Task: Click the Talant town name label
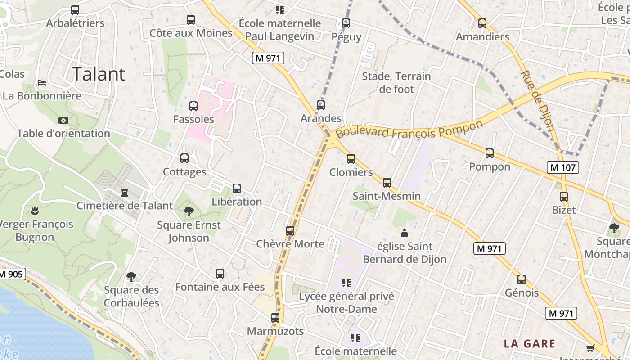pyautogui.click(x=99, y=74)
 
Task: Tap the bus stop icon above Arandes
pyautogui.click(x=320, y=105)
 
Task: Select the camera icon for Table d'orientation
pyautogui.click(x=63, y=120)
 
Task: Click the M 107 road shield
pyautogui.click(x=562, y=167)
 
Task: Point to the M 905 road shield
pyautogui.click(x=12, y=274)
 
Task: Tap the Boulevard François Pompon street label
pyautogui.click(x=409, y=130)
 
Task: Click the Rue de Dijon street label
pyautogui.click(x=537, y=100)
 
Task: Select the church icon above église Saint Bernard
pyautogui.click(x=404, y=233)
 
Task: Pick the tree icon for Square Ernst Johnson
pyautogui.click(x=189, y=211)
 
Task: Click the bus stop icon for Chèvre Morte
pyautogui.click(x=290, y=231)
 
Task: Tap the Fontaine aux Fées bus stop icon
pyautogui.click(x=220, y=273)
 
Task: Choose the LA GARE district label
pyautogui.click(x=529, y=343)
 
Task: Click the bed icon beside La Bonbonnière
pyautogui.click(x=42, y=83)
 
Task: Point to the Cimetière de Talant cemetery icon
pyautogui.click(x=125, y=193)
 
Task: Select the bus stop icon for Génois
pyautogui.click(x=522, y=279)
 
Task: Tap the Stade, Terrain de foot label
pyautogui.click(x=396, y=83)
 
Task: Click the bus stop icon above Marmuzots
pyautogui.click(x=275, y=318)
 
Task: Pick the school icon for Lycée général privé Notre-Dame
pyautogui.click(x=346, y=283)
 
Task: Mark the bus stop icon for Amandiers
pyautogui.click(x=482, y=23)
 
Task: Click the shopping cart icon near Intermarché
pyautogui.click(x=590, y=347)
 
